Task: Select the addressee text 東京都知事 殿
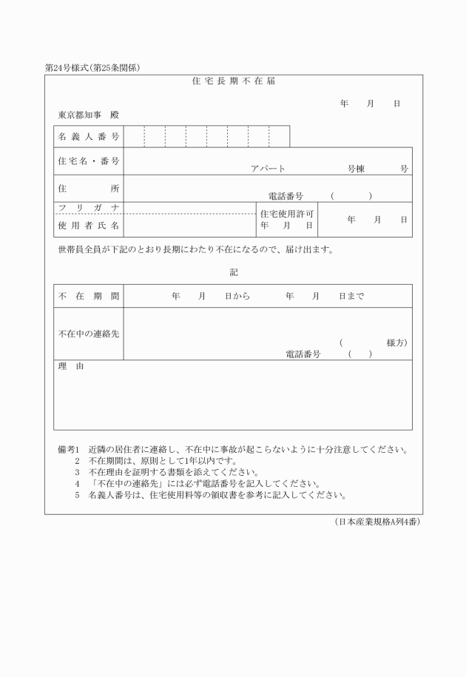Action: coord(88,115)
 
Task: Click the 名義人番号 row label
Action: coord(88,137)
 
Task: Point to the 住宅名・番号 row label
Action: coord(88,161)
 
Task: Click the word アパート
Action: coord(268,169)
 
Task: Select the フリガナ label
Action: coord(88,207)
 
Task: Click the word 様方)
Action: coord(396,343)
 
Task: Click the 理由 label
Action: coord(71,367)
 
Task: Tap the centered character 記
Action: coord(234,272)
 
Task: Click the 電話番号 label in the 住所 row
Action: coord(285,196)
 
